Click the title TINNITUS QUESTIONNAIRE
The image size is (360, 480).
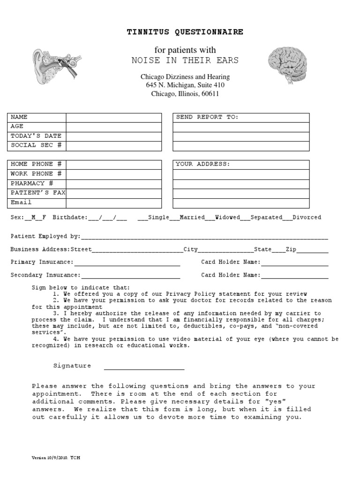tap(185, 32)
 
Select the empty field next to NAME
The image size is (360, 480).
tap(113, 117)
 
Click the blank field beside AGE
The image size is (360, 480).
tap(113, 127)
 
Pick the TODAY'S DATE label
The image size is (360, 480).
tap(36, 136)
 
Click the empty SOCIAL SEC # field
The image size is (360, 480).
tap(113, 145)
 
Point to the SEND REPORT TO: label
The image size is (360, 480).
tap(207, 117)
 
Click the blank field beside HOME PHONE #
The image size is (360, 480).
tap(113, 165)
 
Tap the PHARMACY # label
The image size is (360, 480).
tap(32, 184)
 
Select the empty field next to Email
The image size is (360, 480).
tap(113, 203)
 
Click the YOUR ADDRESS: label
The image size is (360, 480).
tap(202, 165)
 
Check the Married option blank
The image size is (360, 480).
tap(174, 218)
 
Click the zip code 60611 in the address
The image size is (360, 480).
tap(210, 94)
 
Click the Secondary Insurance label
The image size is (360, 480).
tap(45, 276)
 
